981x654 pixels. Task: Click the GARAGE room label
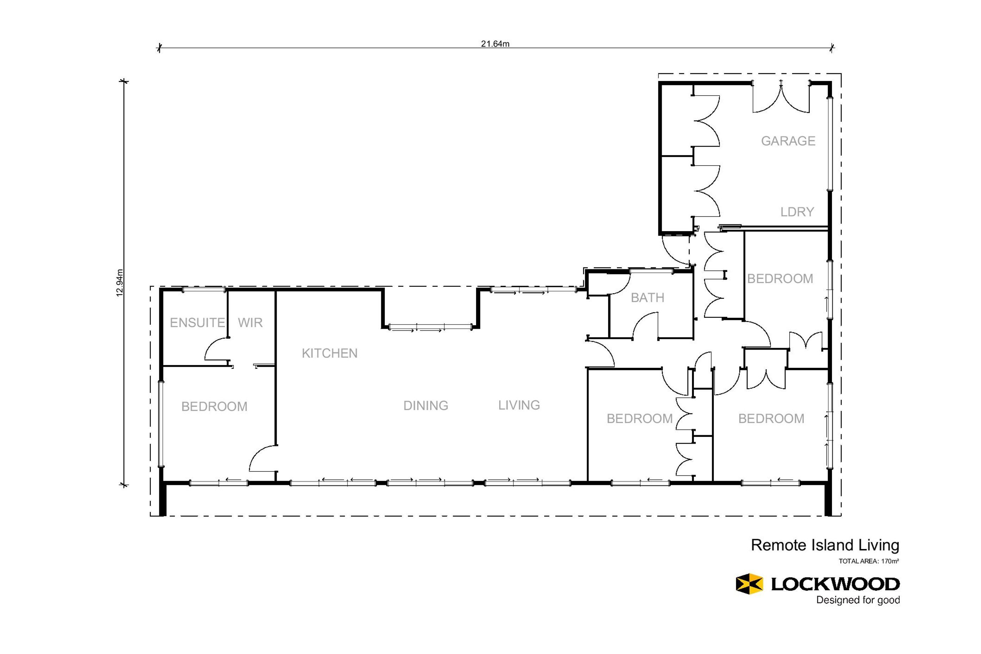coord(788,141)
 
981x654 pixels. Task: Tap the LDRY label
coord(797,212)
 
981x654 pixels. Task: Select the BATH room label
coord(647,297)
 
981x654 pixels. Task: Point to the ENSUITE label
coord(197,322)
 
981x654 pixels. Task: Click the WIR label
coord(250,322)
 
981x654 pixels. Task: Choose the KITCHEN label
coord(329,353)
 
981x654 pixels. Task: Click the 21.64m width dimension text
coord(495,44)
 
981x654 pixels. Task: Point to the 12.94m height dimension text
coord(120,283)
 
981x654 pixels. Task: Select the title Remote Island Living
coord(825,545)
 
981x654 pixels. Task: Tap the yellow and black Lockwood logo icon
coord(749,584)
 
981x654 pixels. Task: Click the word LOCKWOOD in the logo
coord(835,584)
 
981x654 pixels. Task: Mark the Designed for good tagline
coord(858,600)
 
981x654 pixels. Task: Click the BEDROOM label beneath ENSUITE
coord(214,406)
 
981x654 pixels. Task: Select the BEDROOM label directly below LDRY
coord(780,279)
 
